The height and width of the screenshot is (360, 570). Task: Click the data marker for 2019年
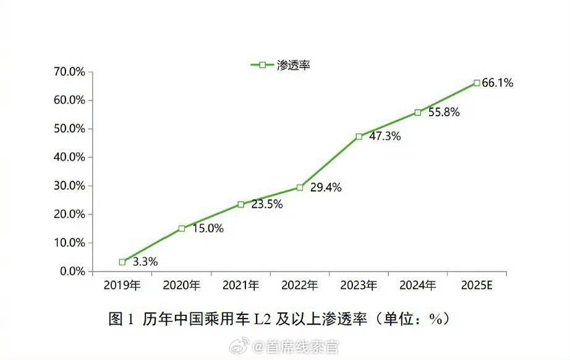122,262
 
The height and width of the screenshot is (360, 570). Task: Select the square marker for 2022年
300,187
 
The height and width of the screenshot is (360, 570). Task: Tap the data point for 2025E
477,82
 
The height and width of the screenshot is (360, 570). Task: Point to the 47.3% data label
385,137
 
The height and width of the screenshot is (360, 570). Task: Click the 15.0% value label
207,228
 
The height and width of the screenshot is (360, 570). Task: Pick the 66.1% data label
497,83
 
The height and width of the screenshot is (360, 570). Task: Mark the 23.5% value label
266,205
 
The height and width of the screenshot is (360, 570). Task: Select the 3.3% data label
145,262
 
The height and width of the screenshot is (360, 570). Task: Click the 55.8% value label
443,113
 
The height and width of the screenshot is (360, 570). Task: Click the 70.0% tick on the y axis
69,72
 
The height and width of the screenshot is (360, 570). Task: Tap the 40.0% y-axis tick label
69,157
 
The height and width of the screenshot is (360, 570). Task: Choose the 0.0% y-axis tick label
71,271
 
